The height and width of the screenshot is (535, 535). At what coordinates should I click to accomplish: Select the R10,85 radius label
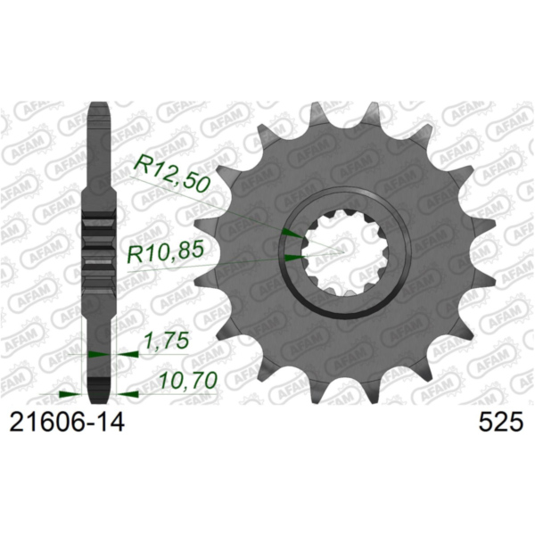coord(166,256)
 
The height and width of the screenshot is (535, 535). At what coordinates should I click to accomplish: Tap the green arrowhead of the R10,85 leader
coord(292,258)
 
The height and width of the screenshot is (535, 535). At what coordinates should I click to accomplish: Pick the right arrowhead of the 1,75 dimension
coord(125,353)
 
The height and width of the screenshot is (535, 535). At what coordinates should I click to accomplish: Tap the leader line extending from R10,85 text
coord(241,260)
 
